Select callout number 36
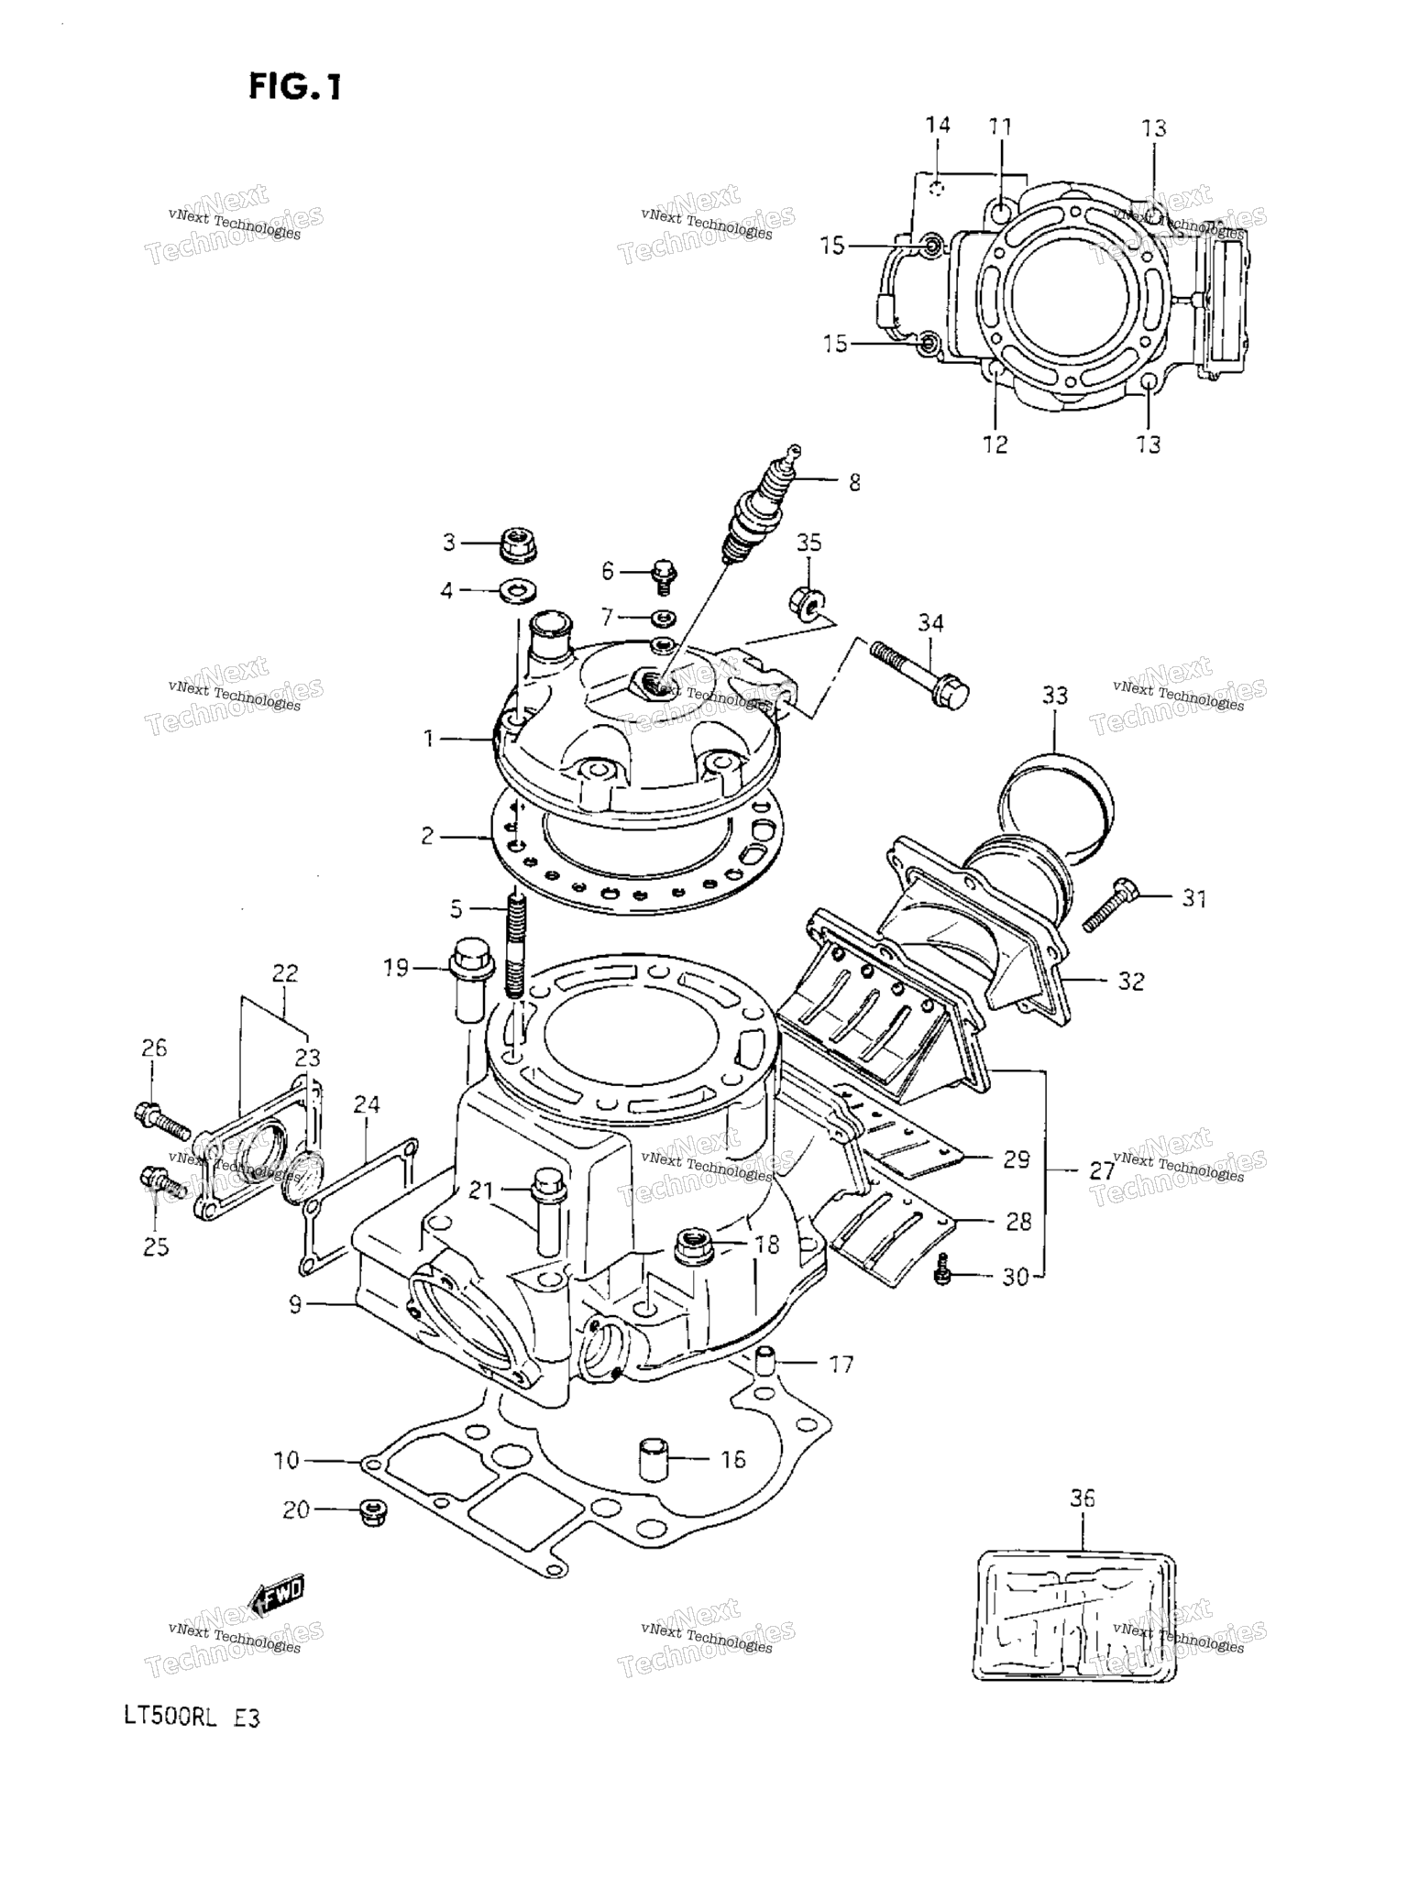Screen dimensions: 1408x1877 pyautogui.click(x=1082, y=1498)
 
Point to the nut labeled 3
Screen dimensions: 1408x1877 pyautogui.click(x=519, y=544)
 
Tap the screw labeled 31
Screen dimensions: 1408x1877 pyautogui.click(x=1111, y=904)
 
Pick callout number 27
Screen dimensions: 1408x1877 pyautogui.click(x=1102, y=1170)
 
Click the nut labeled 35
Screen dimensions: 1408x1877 pyautogui.click(x=807, y=600)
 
